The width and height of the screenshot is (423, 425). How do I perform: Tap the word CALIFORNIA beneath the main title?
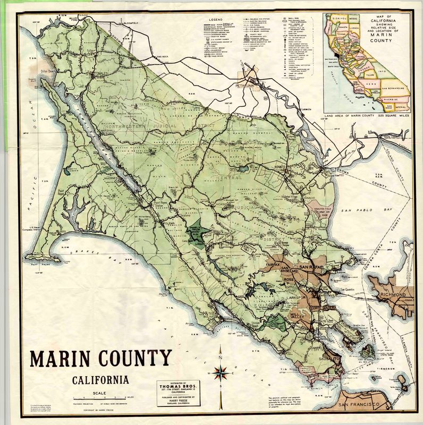click(x=101, y=380)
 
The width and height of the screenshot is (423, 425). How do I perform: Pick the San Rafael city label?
click(x=311, y=267)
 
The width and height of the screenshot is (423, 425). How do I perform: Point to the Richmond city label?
click(x=393, y=294)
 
